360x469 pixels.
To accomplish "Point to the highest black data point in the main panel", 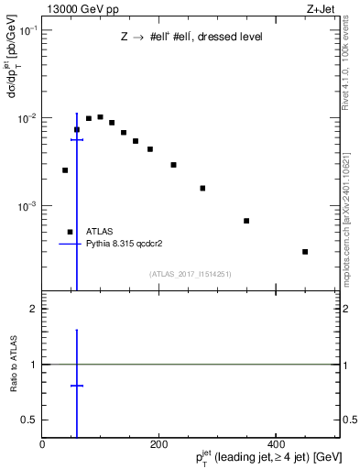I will pos(100,116).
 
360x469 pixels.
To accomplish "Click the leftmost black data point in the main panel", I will pos(65,169).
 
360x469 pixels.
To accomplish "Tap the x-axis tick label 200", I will pos(158,444).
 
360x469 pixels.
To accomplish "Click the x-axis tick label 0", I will pos(42,444).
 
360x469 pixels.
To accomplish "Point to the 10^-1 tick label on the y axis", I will pos(27,30).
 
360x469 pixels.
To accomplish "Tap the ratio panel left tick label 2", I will pos(33,309).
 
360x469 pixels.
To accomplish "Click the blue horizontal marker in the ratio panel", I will pos(77,386).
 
